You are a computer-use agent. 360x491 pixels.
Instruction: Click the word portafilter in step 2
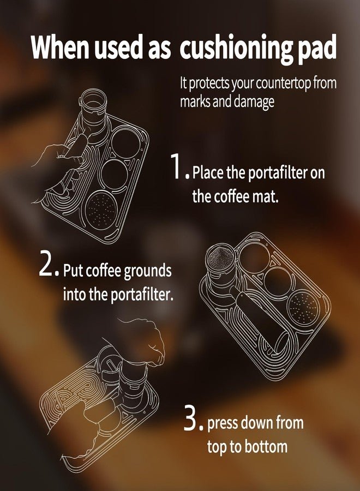point(141,295)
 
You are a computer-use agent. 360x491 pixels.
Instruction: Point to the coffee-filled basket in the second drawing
point(220,258)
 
